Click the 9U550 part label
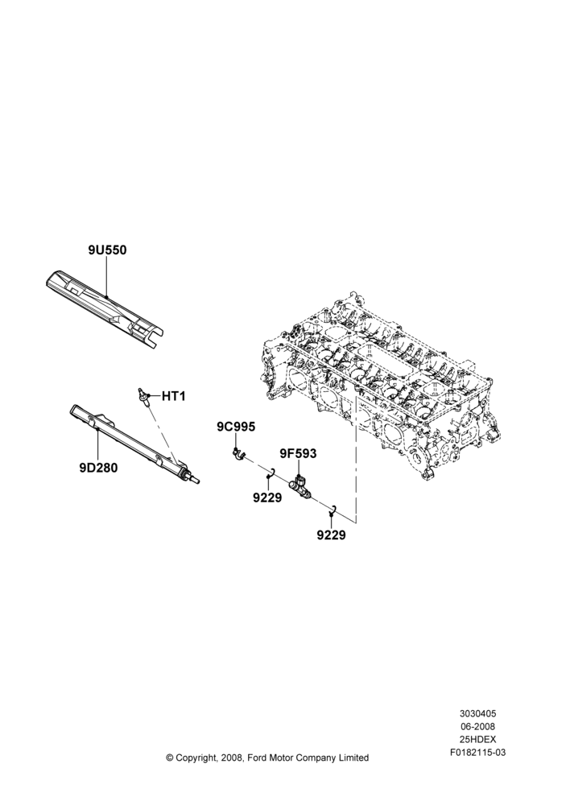(x=107, y=250)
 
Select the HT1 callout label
(x=174, y=396)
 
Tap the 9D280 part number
(x=98, y=469)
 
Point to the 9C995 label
(x=236, y=427)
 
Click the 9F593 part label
(x=298, y=454)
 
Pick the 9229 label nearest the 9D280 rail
(x=267, y=497)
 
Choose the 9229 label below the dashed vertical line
(x=331, y=535)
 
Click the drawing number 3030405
(x=477, y=713)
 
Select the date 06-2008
(x=477, y=726)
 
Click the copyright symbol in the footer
(x=169, y=758)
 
